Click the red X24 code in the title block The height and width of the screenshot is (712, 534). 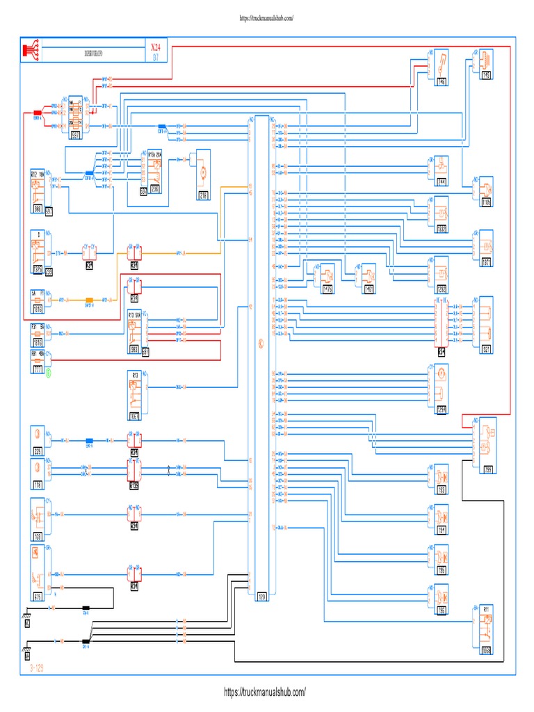(x=154, y=47)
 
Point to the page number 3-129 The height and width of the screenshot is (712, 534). (x=40, y=667)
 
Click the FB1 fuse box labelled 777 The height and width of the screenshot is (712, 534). (x=38, y=362)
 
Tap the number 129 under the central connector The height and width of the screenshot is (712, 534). (x=262, y=596)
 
